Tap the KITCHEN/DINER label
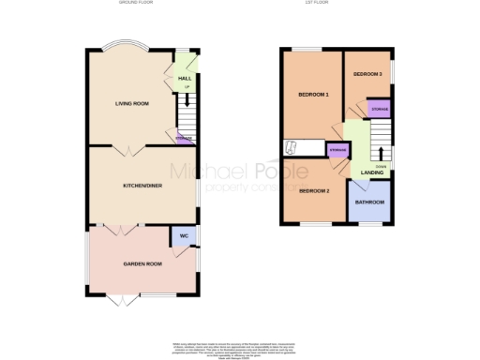tap(142, 186)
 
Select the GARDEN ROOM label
tap(142, 264)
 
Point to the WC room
tap(184, 235)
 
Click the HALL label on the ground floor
tap(185, 79)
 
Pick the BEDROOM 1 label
tap(313, 96)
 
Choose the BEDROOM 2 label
tap(313, 192)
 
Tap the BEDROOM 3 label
tap(367, 73)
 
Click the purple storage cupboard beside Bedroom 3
tap(379, 110)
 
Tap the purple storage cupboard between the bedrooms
tap(337, 150)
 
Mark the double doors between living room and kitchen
tap(129, 146)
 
